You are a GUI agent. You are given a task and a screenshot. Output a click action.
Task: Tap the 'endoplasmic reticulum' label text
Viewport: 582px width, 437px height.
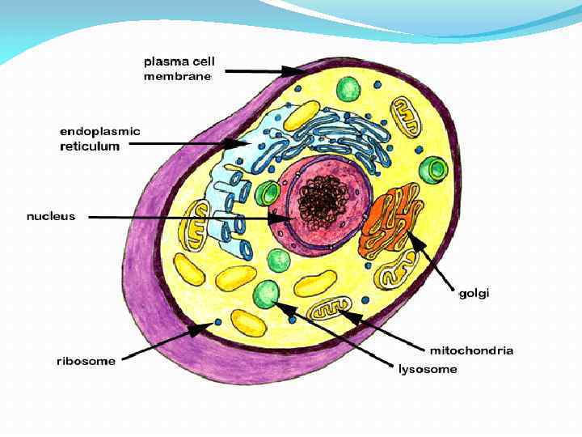[100, 138]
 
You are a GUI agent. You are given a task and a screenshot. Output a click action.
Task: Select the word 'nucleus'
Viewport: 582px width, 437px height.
[51, 216]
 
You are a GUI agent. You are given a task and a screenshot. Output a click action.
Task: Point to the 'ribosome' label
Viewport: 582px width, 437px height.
[86, 361]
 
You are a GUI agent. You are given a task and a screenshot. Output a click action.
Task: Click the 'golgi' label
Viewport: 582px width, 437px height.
[474, 293]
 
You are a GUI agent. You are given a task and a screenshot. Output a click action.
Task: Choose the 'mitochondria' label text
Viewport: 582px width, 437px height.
[471, 350]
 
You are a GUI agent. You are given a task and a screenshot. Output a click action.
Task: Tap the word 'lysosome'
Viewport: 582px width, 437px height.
[428, 369]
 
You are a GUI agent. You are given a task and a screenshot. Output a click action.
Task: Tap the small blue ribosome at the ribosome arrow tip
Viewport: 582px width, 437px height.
[218, 323]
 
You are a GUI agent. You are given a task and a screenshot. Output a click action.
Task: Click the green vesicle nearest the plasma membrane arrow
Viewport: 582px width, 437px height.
[349, 87]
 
